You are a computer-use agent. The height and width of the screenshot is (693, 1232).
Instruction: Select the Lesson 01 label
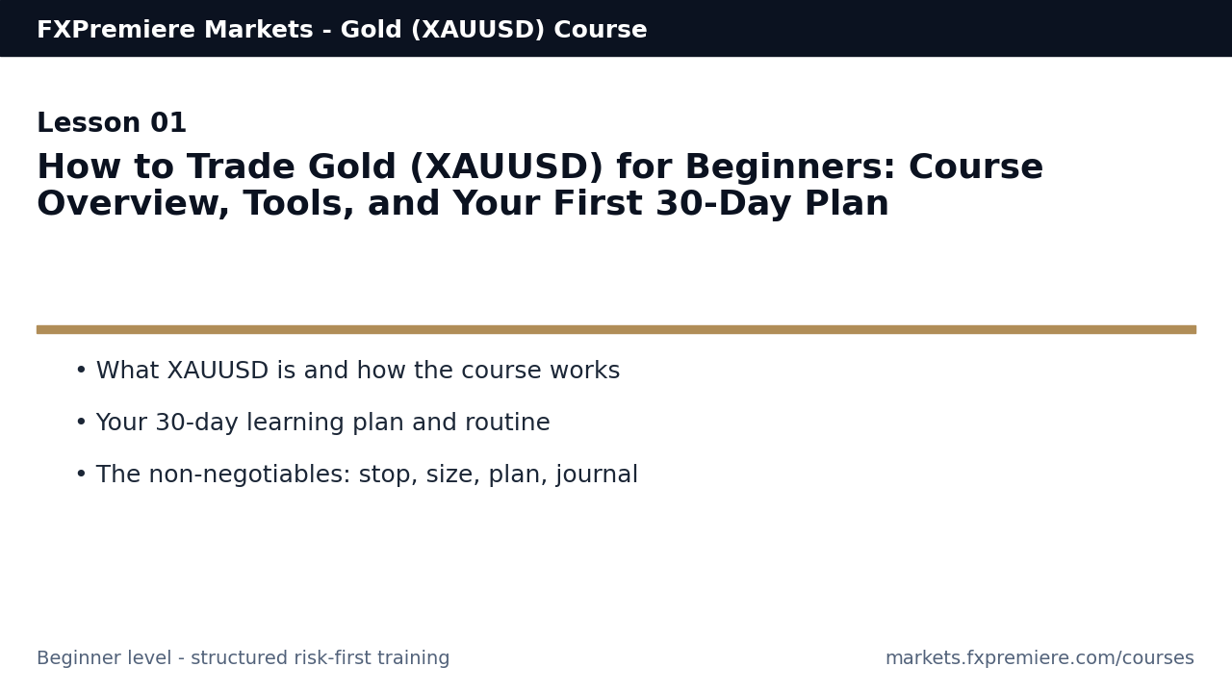[112, 124]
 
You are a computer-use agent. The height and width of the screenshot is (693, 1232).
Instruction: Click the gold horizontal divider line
[616, 329]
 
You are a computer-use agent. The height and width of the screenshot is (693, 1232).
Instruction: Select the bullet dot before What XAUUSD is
[81, 371]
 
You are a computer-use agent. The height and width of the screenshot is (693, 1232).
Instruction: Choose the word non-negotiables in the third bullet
[250, 475]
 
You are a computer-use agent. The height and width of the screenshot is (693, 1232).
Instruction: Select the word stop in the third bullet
[386, 475]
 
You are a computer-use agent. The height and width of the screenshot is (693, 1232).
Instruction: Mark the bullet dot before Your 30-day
[81, 423]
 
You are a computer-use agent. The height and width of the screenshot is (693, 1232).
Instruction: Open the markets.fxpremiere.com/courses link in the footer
[1039, 659]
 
